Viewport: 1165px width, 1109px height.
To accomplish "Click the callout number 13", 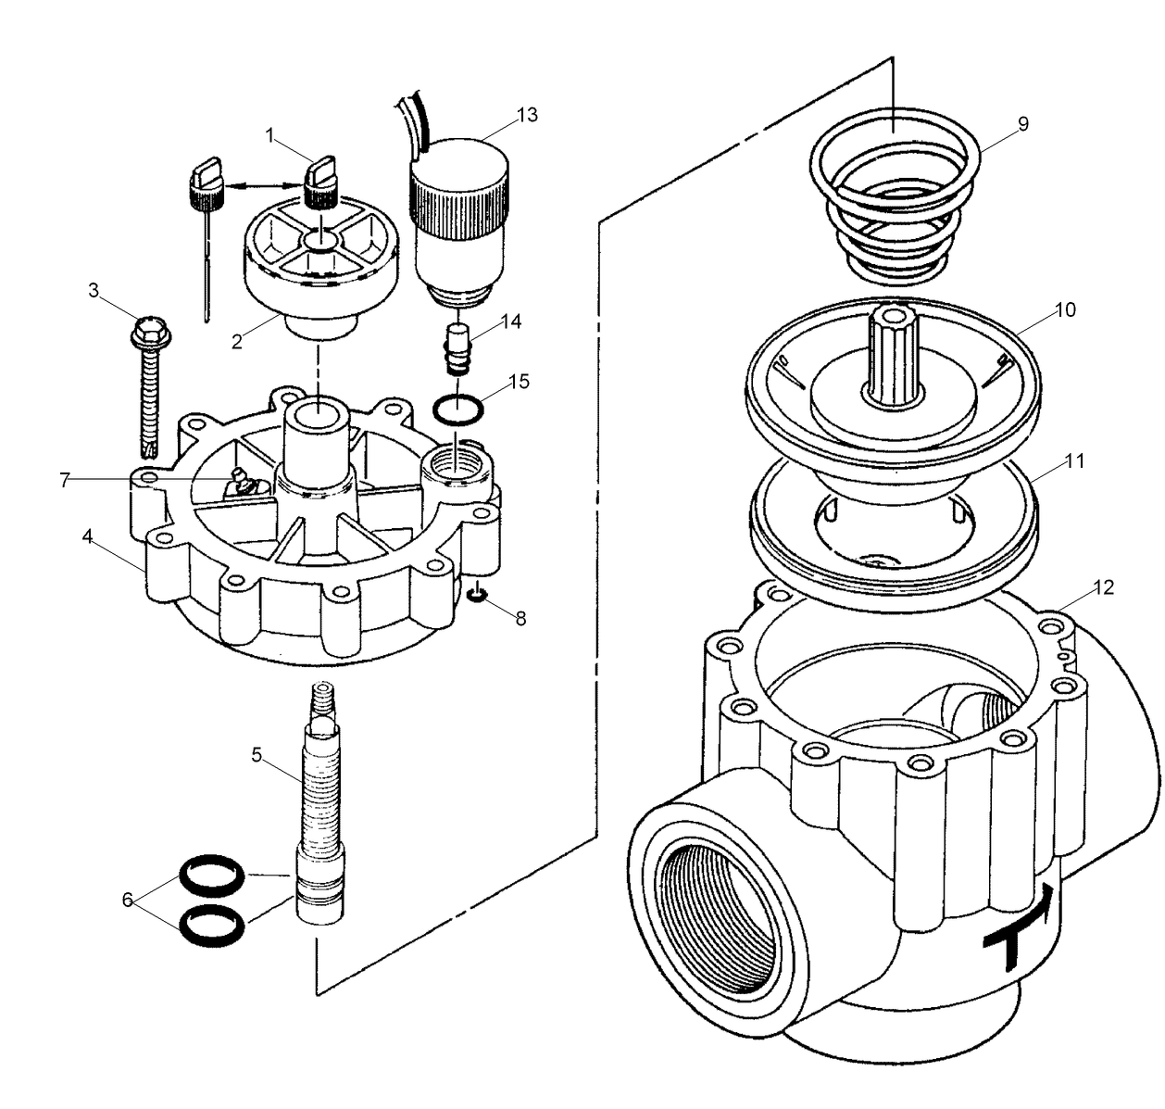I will coord(527,115).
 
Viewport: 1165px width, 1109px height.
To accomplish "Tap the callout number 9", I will coord(1022,123).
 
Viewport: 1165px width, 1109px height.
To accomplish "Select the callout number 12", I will coord(1103,587).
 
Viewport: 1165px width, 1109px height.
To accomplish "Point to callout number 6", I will coord(127,899).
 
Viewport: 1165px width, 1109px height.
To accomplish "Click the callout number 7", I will coord(65,480).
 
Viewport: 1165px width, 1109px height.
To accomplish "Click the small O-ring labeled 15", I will coord(457,409).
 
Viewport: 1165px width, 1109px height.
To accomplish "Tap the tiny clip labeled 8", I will coord(477,594).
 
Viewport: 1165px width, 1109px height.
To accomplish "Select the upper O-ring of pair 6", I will coord(212,873).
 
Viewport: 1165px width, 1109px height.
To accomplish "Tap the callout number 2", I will coord(237,341).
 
